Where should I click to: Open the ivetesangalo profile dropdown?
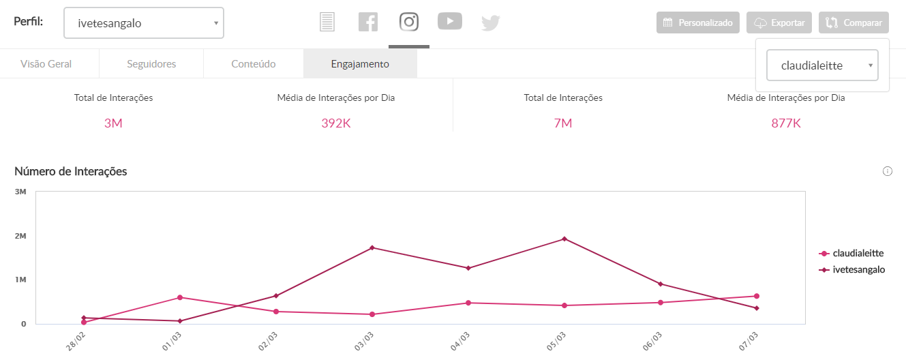(x=143, y=23)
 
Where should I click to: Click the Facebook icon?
(x=368, y=22)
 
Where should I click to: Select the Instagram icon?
(x=409, y=22)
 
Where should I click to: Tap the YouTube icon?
(x=450, y=22)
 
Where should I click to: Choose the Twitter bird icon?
(x=491, y=23)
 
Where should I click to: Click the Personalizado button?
(x=698, y=22)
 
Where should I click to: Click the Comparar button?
(x=854, y=22)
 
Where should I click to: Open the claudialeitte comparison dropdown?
(x=822, y=65)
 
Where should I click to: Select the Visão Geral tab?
(x=46, y=64)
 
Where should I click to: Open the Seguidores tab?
(x=151, y=64)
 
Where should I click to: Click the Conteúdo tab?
(x=253, y=64)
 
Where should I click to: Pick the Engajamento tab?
(x=360, y=64)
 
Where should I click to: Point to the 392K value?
(x=336, y=123)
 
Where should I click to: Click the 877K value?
(x=786, y=123)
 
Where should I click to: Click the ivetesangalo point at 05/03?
(x=564, y=239)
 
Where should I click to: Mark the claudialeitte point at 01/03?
(x=180, y=297)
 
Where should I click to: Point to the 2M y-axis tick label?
(x=20, y=236)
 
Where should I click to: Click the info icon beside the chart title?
(x=888, y=171)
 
